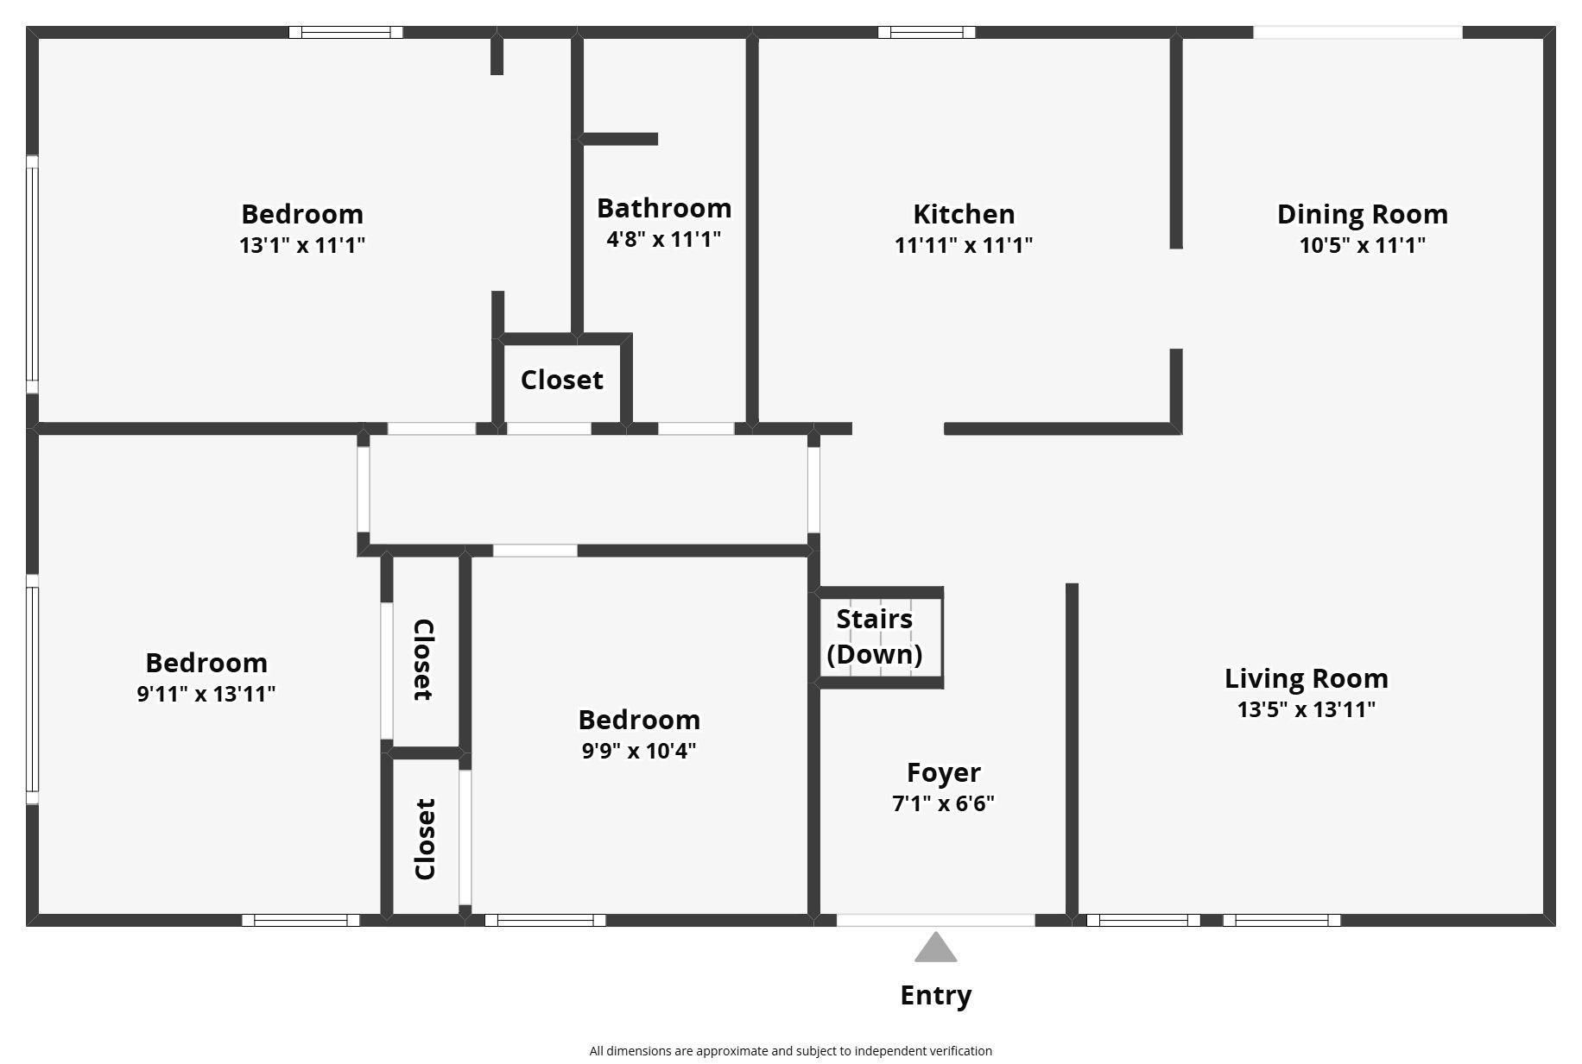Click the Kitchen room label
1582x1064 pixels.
964,214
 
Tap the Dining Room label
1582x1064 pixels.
1362,214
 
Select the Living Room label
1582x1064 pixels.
1306,678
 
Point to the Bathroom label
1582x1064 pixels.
663,208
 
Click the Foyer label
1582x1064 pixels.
943,772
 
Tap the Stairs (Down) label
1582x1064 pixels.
874,637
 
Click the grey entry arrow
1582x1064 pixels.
935,947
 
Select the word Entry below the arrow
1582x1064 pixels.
935,995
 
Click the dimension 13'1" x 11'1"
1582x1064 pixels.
302,245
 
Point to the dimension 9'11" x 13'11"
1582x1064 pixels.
206,694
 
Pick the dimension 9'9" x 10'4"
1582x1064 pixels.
638,751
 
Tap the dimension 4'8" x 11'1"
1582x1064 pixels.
663,239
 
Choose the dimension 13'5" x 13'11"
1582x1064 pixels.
1306,709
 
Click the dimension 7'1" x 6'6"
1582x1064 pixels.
943,803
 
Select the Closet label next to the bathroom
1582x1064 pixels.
561,380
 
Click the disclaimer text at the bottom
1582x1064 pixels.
790,1051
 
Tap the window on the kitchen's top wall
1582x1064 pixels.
927,33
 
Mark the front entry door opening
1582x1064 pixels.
935,921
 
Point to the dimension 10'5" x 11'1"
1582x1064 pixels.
1362,245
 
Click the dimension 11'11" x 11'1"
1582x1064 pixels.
964,245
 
